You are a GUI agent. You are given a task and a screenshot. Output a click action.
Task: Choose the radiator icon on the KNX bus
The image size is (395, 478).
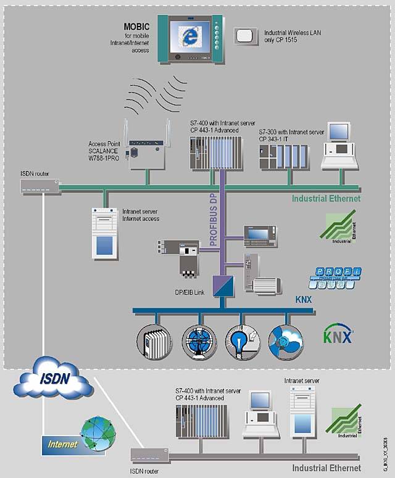pyautogui.click(x=152, y=339)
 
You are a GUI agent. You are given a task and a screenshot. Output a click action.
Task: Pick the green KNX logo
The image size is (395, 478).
pyautogui.click(x=338, y=336)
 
